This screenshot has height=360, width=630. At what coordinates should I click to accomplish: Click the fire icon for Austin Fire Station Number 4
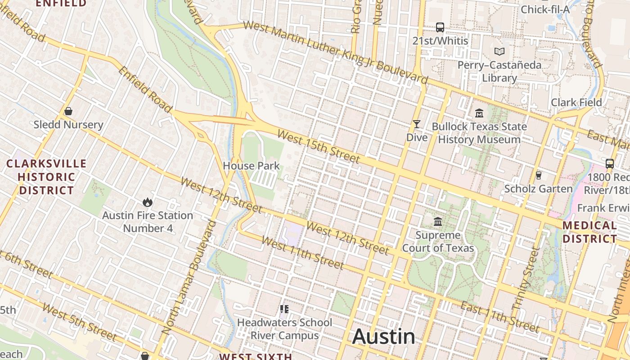coord(147,202)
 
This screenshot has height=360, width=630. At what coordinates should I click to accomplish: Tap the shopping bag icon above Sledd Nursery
coord(68,111)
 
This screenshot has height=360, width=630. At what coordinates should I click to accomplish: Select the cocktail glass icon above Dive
coord(417,124)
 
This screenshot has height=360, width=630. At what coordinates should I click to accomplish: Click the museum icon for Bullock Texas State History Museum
coord(479,113)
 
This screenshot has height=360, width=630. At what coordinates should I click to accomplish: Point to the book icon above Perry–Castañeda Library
coord(499,51)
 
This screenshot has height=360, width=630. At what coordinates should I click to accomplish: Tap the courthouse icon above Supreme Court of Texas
coord(438,221)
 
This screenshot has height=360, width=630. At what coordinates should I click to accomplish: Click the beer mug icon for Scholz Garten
coord(538,175)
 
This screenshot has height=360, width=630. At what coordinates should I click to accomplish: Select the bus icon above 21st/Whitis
coord(440,27)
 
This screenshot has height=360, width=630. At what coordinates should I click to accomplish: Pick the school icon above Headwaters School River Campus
coord(284,309)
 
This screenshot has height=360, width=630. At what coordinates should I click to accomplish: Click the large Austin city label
coord(384,336)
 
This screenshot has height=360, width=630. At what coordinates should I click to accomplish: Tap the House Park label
coord(251,166)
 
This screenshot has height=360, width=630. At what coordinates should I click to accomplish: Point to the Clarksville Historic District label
coord(46,177)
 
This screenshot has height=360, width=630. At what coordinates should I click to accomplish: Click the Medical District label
coord(589,232)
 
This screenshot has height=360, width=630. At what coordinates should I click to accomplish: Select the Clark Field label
coord(576,102)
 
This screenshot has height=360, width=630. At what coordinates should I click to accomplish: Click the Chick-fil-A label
coord(545,9)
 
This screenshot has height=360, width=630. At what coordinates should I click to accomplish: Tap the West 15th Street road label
coord(319,147)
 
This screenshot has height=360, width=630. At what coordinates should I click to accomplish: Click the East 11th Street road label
coord(499,317)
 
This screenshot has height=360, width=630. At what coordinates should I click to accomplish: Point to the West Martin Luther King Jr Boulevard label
coord(335,52)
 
